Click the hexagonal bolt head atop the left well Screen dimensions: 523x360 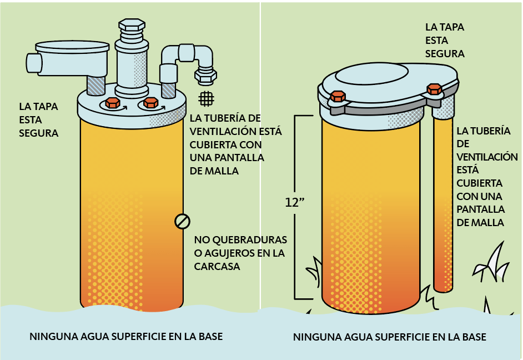point(132,25)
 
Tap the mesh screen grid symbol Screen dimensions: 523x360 point(206,99)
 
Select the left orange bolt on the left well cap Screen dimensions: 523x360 point(113,103)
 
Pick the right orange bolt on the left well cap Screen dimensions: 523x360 point(151,102)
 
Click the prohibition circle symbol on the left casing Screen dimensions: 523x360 point(183,221)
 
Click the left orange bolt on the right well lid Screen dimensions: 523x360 point(338,97)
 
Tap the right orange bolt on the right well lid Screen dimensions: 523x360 point(434,89)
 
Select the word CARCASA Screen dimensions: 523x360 point(217,266)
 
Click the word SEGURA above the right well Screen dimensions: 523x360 point(445,53)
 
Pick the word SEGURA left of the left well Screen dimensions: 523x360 point(39,133)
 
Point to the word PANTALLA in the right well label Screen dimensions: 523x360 point(480,209)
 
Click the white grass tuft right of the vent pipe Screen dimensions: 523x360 point(492,263)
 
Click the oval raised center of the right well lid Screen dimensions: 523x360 point(372,74)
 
